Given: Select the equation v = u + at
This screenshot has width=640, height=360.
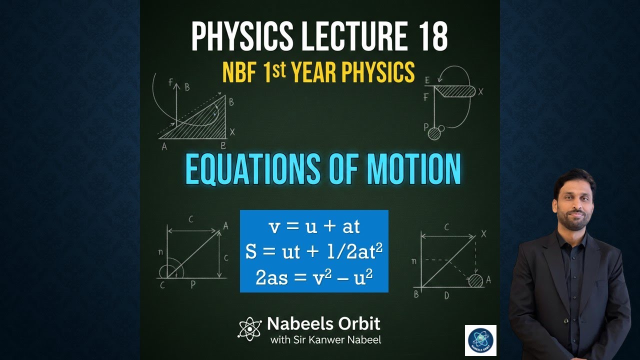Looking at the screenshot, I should coord(314,226).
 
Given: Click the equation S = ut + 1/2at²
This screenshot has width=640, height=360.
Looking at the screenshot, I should coord(314,252).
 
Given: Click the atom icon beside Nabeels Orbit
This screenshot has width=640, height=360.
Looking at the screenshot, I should coord(249,328).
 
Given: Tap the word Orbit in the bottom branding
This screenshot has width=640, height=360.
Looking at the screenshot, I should coord(358,323).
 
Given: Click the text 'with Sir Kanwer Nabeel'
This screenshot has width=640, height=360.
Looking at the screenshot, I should coord(325,340).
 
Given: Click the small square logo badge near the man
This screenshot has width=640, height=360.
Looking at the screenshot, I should coord(480,340).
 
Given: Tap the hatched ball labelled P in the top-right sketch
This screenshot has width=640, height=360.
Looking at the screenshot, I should coord(434,133).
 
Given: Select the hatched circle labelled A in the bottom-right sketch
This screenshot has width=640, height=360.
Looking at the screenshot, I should coord(475,280).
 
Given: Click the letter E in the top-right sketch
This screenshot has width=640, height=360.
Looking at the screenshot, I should coord(426,80).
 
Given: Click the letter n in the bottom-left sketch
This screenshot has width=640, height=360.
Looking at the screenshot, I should coord(160,252).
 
